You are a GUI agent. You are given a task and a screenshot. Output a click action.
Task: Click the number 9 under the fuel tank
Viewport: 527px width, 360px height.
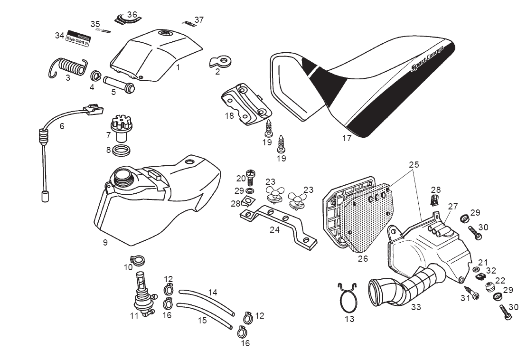[x=105, y=243]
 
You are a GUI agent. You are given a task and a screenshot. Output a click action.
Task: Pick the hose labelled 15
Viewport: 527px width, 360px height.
[x=204, y=315]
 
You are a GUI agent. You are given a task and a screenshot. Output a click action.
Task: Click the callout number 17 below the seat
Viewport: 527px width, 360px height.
[x=347, y=138]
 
